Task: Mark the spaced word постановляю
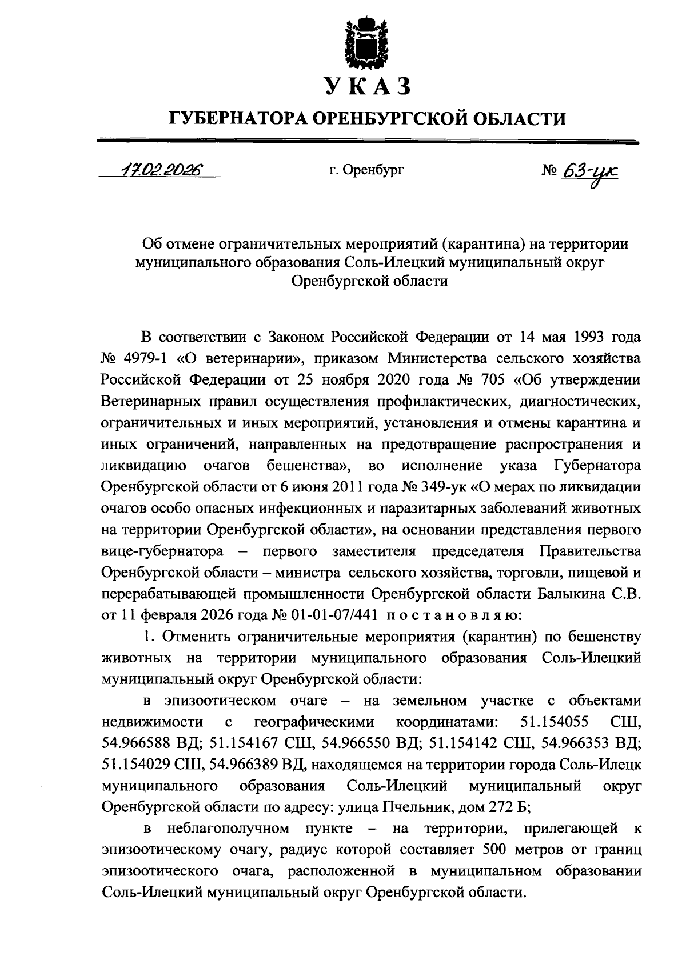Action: [448, 615]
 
